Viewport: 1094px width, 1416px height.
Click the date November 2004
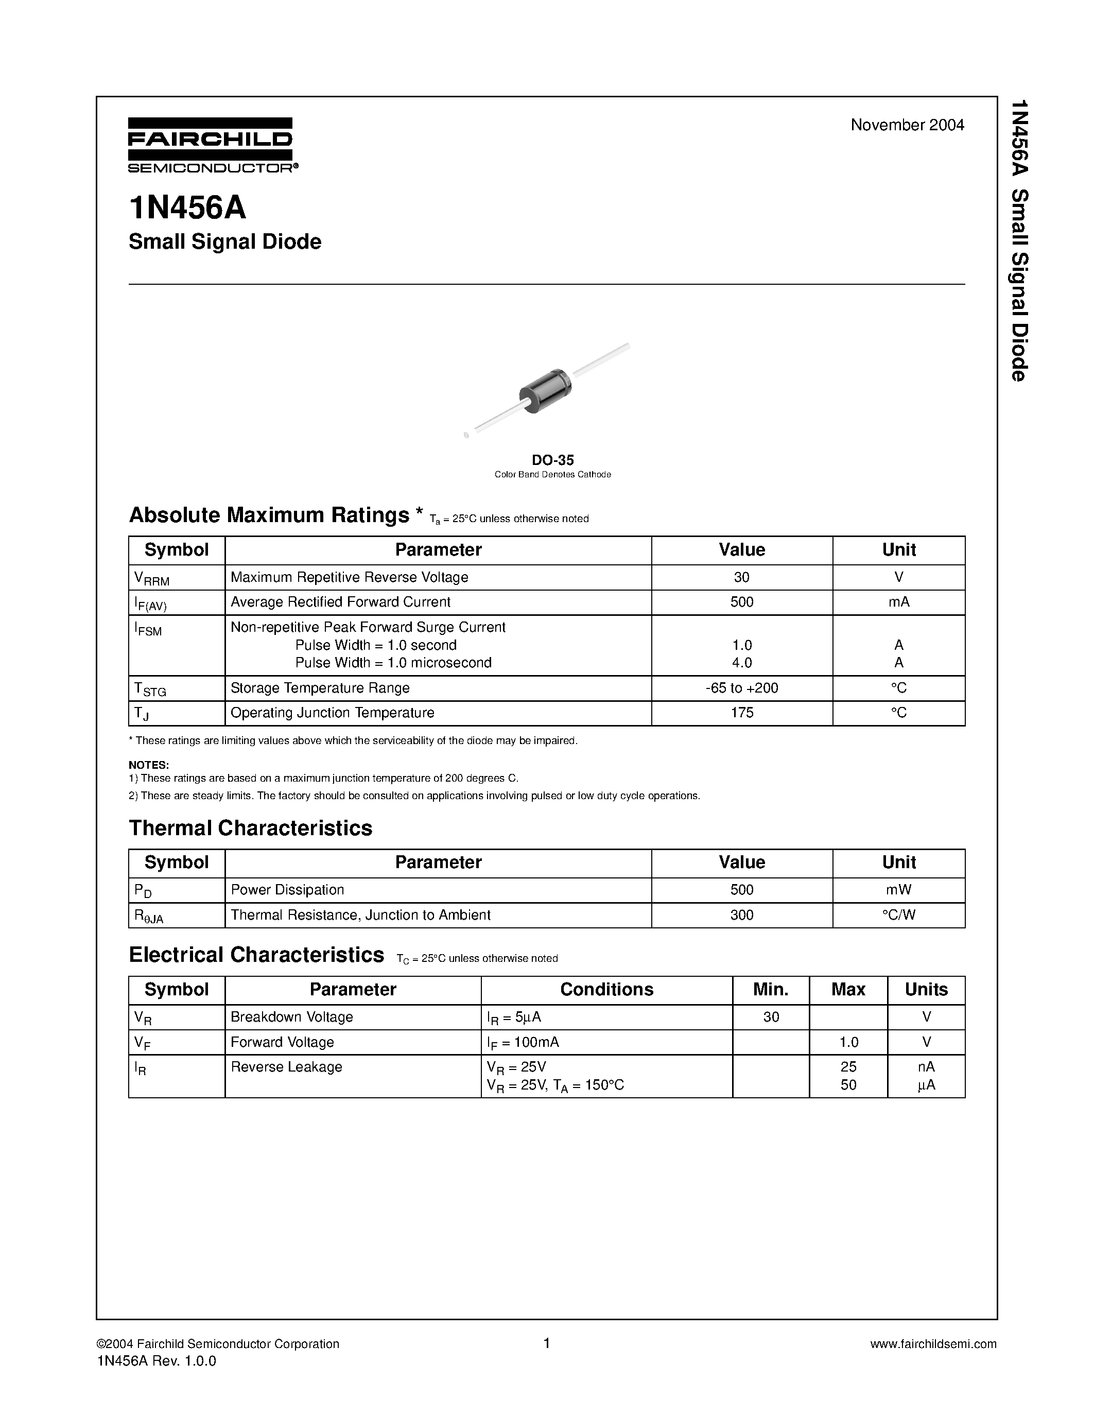click(907, 125)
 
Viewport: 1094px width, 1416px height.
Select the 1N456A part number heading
click(187, 208)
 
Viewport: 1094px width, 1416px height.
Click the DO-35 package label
click(552, 460)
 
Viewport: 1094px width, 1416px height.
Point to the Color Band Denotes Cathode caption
click(552, 475)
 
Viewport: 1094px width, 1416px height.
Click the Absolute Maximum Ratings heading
click(269, 515)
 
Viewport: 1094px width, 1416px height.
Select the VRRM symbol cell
click(152, 578)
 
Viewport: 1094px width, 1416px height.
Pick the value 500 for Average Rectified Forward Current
click(741, 601)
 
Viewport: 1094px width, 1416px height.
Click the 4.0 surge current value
click(741, 663)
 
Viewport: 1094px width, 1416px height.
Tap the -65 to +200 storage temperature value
click(741, 688)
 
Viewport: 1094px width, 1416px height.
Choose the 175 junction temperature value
click(741, 713)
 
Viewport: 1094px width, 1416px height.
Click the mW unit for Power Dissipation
click(898, 890)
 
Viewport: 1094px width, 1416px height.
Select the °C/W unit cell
click(898, 915)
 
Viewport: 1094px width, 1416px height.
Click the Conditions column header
click(606, 989)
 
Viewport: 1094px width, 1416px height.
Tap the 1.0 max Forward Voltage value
click(848, 1042)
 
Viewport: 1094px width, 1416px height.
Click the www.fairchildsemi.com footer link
click(933, 1344)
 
